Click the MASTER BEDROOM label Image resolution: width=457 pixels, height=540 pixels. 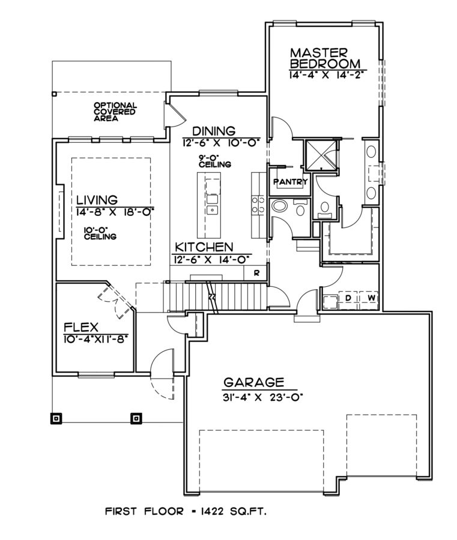tap(325, 58)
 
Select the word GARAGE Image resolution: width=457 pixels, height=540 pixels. tap(253, 382)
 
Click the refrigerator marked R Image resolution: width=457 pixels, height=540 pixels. tap(256, 273)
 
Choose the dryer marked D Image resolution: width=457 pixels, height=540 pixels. tap(348, 298)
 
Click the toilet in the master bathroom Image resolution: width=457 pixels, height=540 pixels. tap(325, 208)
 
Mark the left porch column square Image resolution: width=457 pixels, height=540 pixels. tap(56, 417)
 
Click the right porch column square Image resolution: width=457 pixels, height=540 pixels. tap(136, 417)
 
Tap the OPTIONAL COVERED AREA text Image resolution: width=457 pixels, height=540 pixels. tap(114, 112)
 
